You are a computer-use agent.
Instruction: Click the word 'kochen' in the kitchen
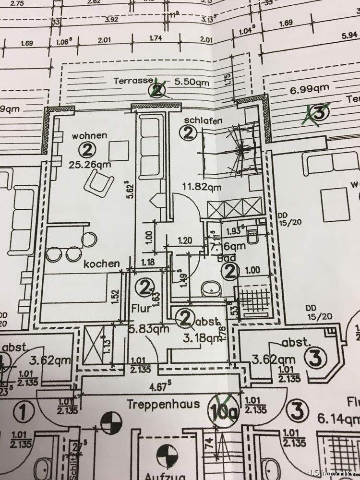101,264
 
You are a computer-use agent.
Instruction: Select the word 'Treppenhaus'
163,404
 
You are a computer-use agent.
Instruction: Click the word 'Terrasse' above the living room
133,81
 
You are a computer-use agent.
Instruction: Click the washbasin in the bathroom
210,288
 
